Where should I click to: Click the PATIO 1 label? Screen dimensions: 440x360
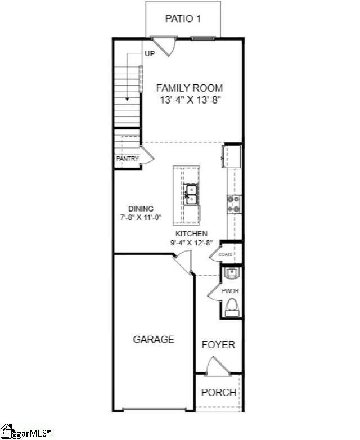coord(183,19)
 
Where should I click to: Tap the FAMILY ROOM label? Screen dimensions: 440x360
coord(190,88)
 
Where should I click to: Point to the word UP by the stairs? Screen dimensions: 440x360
coord(150,54)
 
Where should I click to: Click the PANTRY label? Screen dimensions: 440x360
coord(127,159)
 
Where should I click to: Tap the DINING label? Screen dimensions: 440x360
coord(140,208)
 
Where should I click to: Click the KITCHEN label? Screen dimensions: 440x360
coord(191,234)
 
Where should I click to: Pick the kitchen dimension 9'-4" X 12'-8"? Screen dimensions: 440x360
coord(191,243)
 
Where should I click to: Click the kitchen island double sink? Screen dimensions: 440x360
coord(191,195)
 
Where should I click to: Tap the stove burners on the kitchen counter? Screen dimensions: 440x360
coord(234,204)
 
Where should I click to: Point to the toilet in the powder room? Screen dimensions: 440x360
coord(232,307)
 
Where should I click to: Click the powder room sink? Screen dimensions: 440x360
coord(232,273)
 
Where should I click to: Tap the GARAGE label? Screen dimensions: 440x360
coord(154,339)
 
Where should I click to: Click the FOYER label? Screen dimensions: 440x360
coord(218,344)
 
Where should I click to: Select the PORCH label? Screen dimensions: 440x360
coord(219,392)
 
